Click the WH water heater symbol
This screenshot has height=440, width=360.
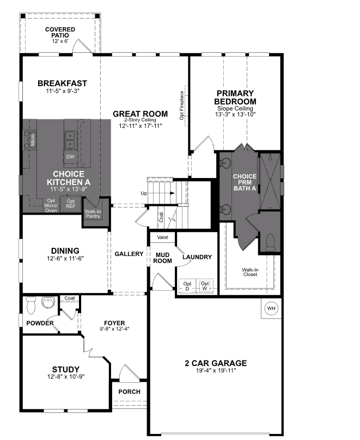pos(271,309)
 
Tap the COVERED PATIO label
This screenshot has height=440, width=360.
pos(60,32)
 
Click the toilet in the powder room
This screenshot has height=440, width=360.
pos(31,304)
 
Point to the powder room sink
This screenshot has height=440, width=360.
pos(48,302)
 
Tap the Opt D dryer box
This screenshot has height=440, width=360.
pos(187,286)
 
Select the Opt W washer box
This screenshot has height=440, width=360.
pos(205,286)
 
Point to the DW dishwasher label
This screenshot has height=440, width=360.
pos(70,157)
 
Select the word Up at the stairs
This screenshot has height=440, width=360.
pos(144,193)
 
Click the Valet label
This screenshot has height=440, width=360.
pos(162,237)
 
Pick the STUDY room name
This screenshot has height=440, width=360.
pos(66,369)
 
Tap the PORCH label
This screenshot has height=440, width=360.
pos(129,392)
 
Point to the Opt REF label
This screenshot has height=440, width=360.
pos(71,204)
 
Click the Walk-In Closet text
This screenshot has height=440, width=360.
pos(250,272)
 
